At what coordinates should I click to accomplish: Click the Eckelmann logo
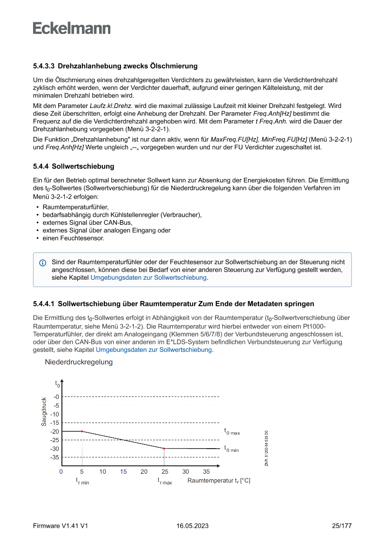click(x=72, y=28)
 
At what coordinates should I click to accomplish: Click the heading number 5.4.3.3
click(x=44, y=66)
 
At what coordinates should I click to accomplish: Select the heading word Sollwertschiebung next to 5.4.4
click(x=83, y=166)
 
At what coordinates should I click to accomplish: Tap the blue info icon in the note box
click(x=43, y=263)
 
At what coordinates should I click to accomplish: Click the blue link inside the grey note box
click(x=149, y=277)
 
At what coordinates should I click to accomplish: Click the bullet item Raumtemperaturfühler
click(x=75, y=207)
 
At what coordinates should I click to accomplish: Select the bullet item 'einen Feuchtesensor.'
click(x=73, y=238)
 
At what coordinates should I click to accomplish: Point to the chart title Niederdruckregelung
click(x=79, y=362)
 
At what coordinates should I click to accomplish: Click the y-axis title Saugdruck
click(x=44, y=411)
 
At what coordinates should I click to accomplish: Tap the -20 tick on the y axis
click(x=55, y=431)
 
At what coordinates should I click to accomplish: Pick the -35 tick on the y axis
click(x=55, y=457)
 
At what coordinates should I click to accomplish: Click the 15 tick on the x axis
click(x=123, y=471)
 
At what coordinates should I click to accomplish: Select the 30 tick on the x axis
click(x=185, y=471)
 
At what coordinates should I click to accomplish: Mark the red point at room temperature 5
click(x=82, y=431)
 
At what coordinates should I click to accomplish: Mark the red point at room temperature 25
click(x=164, y=449)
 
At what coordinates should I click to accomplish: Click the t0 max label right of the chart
click(x=232, y=431)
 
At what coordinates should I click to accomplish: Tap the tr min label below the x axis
click(x=82, y=481)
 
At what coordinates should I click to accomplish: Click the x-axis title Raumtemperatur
click(x=218, y=480)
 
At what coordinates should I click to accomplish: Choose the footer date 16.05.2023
click(x=192, y=526)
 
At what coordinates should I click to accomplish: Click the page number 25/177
click(x=341, y=526)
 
